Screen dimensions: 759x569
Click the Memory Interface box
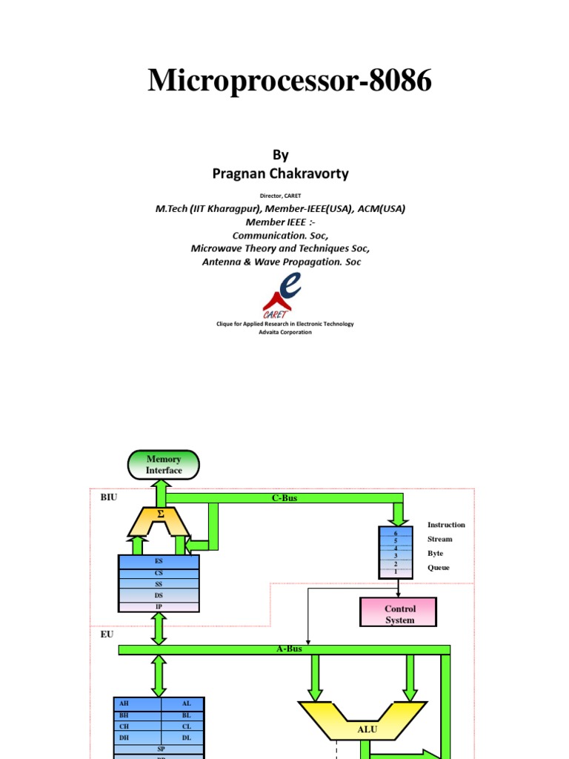(164, 465)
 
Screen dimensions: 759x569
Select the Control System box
(399, 614)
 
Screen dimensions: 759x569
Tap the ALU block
(367, 729)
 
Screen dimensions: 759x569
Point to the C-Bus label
(284, 498)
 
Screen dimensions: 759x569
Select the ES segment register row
(159, 562)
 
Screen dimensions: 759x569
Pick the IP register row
(159, 606)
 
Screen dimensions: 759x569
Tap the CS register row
(159, 573)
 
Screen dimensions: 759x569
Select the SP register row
(160, 749)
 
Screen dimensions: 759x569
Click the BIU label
(108, 498)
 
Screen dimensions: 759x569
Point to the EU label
(107, 634)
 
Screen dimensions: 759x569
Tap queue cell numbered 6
(396, 533)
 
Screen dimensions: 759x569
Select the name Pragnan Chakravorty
(280, 173)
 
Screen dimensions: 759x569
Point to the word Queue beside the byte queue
(438, 568)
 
